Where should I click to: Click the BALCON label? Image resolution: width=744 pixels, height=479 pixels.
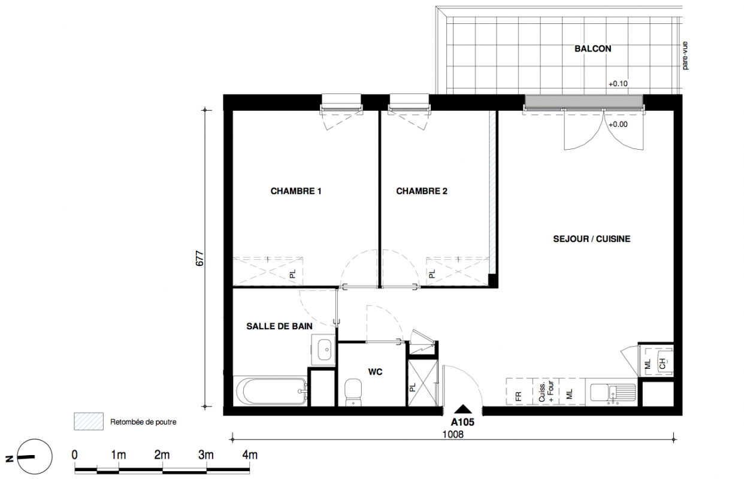593,48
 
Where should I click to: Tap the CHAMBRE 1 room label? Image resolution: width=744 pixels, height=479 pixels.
296,191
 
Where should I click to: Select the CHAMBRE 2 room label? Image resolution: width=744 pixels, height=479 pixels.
422,191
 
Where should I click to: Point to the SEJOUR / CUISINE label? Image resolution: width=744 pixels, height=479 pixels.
592,239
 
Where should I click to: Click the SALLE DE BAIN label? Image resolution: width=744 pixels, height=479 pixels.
279,326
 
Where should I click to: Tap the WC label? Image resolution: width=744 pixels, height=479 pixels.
376,372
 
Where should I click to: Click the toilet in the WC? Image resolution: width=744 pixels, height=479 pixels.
353,392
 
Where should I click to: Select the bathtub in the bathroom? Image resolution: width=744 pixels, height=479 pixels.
270,391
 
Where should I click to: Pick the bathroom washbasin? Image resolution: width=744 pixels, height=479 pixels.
323,350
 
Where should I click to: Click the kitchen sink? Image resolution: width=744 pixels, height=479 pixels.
613,393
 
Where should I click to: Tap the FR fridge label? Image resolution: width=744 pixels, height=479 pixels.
519,396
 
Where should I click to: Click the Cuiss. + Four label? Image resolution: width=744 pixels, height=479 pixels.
546,392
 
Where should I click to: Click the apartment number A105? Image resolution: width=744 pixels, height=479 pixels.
462,422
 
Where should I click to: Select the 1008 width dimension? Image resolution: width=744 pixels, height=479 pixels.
453,435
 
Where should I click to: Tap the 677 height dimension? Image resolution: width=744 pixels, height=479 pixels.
199,258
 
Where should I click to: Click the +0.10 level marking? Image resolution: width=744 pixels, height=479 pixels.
618,84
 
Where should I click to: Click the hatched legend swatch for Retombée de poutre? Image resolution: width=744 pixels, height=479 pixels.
88,422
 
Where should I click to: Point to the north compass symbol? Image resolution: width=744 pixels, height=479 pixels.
35,457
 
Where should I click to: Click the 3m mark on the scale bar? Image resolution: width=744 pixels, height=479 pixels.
206,455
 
